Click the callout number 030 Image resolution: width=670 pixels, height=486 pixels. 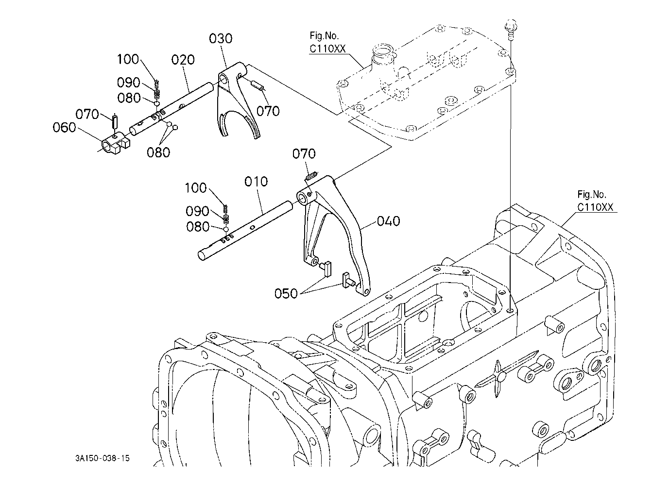[x=221, y=39]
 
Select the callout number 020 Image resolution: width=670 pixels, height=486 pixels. [x=183, y=60]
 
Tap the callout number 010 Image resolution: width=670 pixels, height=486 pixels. [x=256, y=182]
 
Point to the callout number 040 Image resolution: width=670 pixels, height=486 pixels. [x=388, y=221]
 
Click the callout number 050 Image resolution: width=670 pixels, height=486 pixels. [x=286, y=294]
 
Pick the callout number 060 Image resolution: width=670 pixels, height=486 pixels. [x=64, y=128]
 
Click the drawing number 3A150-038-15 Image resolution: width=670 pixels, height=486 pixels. [x=103, y=458]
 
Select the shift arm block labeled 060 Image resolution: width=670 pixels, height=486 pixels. [x=116, y=143]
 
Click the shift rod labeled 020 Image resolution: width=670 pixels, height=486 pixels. [x=171, y=109]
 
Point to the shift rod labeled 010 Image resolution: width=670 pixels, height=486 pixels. [x=245, y=231]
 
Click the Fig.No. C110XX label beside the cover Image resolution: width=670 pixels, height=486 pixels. [x=327, y=42]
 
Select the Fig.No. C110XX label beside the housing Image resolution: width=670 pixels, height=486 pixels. [x=595, y=201]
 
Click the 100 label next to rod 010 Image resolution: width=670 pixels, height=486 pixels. [x=196, y=188]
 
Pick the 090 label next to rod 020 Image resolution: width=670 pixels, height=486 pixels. [x=128, y=83]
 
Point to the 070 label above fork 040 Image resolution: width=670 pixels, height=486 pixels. [x=304, y=154]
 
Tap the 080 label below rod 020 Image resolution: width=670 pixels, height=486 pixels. [x=158, y=152]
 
